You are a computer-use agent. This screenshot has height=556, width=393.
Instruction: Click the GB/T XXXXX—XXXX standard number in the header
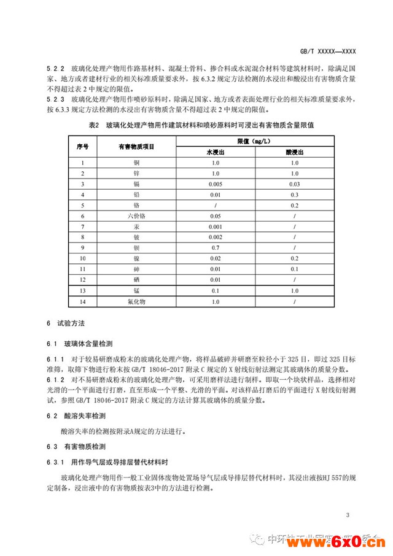click(x=329, y=52)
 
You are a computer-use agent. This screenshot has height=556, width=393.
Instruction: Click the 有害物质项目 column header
click(x=136, y=147)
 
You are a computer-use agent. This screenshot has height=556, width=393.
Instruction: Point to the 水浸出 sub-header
click(x=215, y=152)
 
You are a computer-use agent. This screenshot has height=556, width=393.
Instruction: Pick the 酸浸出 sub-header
click(x=295, y=152)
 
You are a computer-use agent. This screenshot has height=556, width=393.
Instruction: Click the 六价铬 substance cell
click(x=136, y=217)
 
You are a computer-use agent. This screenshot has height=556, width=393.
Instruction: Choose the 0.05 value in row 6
click(x=215, y=217)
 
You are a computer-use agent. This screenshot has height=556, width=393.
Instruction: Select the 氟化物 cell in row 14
click(x=136, y=303)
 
